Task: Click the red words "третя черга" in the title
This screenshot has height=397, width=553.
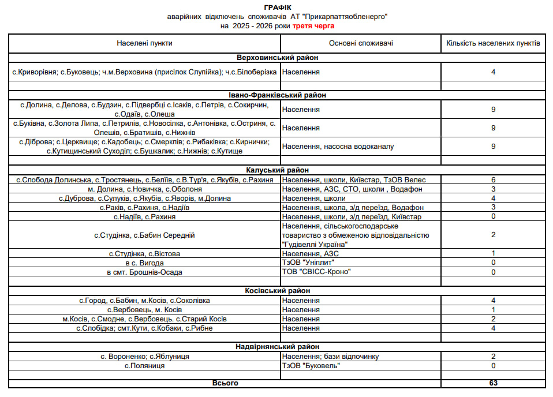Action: coord(313,26)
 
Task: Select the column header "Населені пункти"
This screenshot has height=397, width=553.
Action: coord(144,43)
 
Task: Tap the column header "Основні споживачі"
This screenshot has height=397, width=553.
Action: coord(361,43)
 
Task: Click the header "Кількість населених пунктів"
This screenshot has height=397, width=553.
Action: coord(494,43)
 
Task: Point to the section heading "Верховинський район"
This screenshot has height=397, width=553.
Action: coord(277,58)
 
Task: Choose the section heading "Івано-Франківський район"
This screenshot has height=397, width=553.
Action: coord(277,95)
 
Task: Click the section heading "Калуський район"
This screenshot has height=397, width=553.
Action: coord(277,170)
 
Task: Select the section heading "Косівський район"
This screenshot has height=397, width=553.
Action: coord(277,291)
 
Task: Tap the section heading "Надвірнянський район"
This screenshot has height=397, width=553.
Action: coord(277,347)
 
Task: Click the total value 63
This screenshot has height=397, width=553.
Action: coord(494,383)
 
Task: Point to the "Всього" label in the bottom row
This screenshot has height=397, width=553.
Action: coord(225,383)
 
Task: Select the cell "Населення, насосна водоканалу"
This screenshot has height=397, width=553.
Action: coord(338,147)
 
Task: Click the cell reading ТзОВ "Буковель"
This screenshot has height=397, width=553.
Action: coord(310,365)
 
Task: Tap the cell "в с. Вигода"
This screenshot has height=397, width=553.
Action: coord(144,263)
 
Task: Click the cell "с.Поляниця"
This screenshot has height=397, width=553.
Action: coord(144,365)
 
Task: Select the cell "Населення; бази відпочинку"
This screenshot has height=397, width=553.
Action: coord(331,356)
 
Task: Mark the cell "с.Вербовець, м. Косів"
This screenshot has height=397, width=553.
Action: coord(144,310)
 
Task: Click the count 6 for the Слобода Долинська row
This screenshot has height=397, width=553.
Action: coord(494,180)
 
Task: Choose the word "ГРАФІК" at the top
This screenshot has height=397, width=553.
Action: coord(277,8)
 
